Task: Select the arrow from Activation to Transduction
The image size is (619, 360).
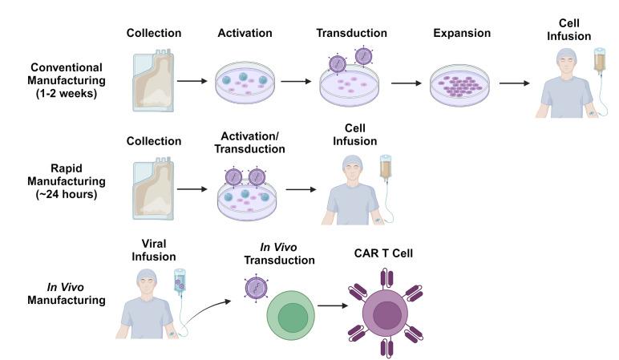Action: pyautogui.click(x=294, y=82)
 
